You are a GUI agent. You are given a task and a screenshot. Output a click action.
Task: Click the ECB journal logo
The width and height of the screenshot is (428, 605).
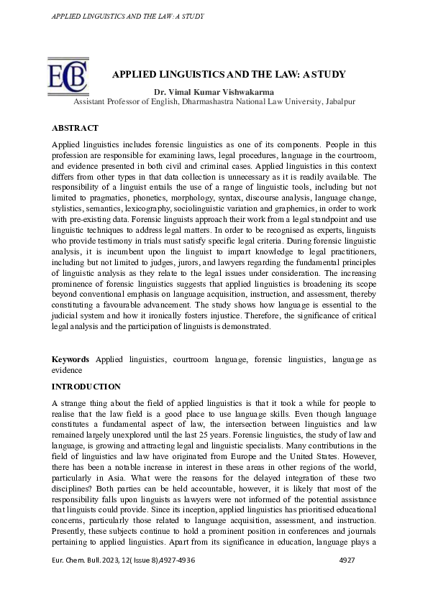tap(67, 76)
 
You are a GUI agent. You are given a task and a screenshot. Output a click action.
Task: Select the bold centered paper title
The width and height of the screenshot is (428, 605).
tap(229, 74)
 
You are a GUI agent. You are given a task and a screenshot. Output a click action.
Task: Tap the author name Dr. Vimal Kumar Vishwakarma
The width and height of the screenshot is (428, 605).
tap(214, 92)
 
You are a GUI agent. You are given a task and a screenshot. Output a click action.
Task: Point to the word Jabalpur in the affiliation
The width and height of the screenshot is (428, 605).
tap(338, 102)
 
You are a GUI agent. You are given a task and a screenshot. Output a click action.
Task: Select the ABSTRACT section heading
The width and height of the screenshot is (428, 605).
tap(75, 128)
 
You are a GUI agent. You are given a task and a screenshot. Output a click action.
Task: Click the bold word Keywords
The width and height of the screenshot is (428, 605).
tap(70, 359)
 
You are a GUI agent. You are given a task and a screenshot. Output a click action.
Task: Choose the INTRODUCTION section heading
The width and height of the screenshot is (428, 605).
tap(86, 387)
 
